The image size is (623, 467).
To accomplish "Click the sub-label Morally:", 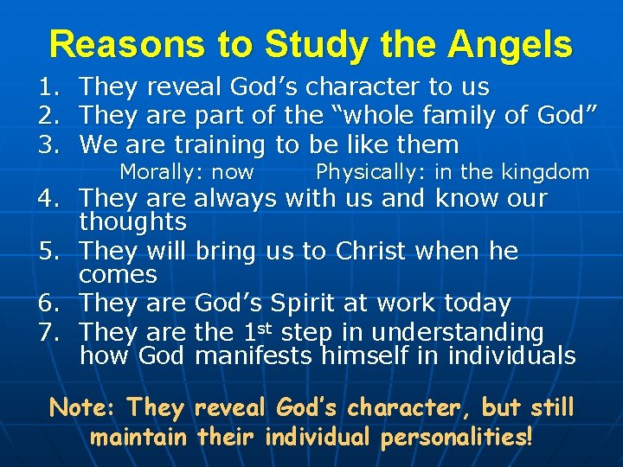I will (x=156, y=172).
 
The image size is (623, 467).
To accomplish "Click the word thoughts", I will (x=132, y=222).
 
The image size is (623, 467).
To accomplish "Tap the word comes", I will (x=118, y=275).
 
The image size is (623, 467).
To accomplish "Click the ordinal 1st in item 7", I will (x=255, y=331).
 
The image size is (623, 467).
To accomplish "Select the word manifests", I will (x=255, y=355).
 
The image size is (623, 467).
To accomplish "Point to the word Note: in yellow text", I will (x=85, y=407).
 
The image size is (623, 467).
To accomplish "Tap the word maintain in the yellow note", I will (x=139, y=437).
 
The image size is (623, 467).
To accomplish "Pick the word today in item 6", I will (x=477, y=304).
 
